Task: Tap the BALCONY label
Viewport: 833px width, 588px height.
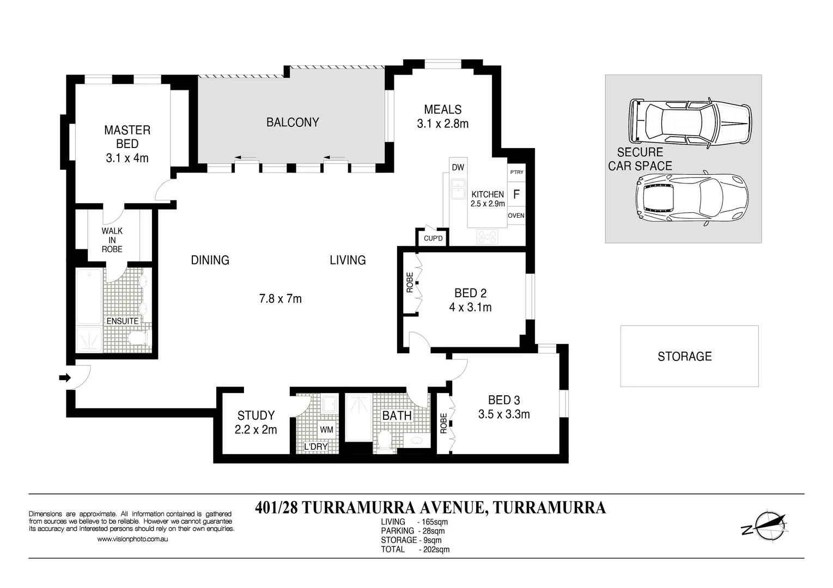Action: (x=293, y=122)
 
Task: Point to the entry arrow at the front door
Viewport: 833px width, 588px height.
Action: (x=65, y=378)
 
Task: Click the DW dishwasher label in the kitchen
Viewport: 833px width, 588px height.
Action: (x=458, y=168)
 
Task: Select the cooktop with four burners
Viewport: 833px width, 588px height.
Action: (x=487, y=236)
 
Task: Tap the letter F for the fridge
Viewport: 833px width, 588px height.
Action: (x=516, y=194)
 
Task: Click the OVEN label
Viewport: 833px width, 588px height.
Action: (x=516, y=216)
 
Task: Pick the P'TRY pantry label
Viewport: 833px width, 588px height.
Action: (x=516, y=172)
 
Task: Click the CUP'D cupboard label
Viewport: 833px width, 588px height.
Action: (x=433, y=238)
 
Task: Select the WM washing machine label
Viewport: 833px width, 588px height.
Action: (x=326, y=430)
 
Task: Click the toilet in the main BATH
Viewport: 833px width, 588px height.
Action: (x=385, y=442)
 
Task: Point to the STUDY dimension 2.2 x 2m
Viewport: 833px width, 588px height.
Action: (x=256, y=430)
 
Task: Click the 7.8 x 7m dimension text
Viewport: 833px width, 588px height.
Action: (x=281, y=298)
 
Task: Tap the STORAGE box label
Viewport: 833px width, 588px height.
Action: (x=685, y=357)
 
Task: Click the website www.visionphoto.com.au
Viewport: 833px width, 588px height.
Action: (x=132, y=539)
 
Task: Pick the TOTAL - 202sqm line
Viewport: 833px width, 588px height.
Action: (x=415, y=549)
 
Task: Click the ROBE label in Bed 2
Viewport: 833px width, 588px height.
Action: (x=410, y=283)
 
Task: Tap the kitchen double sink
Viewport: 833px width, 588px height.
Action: (x=458, y=189)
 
